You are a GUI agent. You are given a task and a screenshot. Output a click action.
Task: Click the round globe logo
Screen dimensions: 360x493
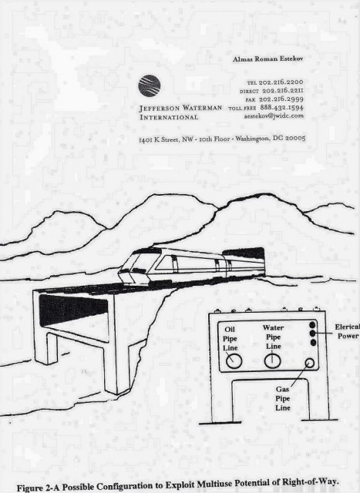point(149,86)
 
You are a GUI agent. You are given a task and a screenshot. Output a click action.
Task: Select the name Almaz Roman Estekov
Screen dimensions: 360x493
point(267,59)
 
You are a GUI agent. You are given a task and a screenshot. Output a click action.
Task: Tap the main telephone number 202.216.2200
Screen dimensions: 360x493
point(281,82)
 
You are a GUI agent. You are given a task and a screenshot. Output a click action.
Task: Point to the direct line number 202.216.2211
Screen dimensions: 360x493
point(283,91)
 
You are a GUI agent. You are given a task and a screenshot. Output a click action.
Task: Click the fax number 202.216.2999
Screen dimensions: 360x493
point(281,99)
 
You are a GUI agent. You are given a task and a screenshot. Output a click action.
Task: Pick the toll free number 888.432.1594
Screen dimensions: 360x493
point(281,108)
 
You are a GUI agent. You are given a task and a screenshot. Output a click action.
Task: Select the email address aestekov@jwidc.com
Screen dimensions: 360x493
point(274,116)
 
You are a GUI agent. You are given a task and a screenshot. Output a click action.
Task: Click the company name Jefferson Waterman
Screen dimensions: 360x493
point(180,108)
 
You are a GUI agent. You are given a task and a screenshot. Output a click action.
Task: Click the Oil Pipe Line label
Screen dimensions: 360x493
point(230,339)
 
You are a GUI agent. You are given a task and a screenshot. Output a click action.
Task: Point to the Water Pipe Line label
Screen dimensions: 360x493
point(273,337)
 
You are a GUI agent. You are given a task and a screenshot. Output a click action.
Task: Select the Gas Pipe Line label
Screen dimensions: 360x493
point(283,398)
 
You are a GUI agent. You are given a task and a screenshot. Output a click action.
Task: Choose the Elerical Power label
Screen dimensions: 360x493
point(348,331)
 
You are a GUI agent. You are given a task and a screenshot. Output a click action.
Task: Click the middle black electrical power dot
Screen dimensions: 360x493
point(312,334)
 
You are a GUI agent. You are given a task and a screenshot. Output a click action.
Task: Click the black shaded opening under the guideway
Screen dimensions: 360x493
point(73,311)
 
